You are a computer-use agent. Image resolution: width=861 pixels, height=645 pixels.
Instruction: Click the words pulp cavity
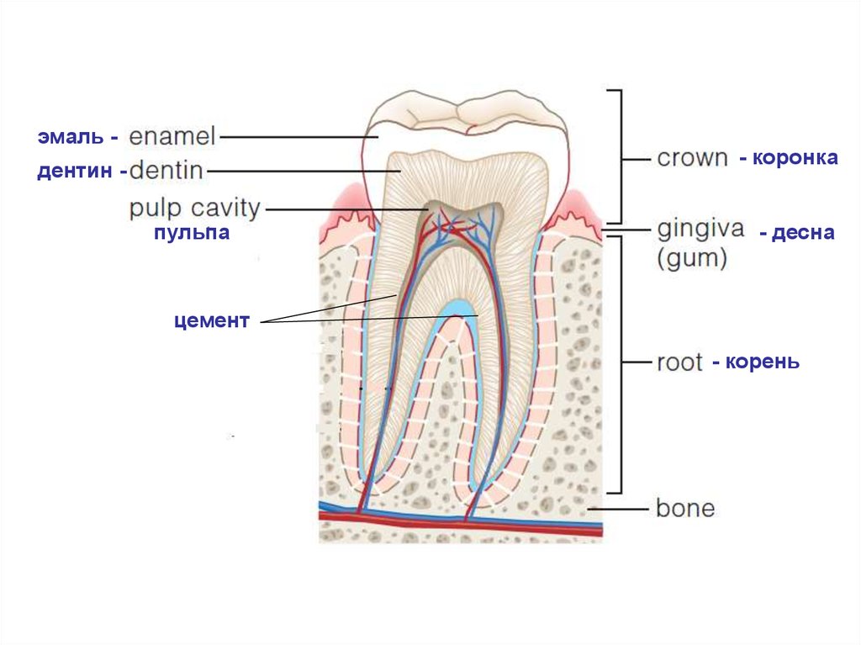(x=195, y=208)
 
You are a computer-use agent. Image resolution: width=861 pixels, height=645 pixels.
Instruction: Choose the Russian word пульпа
(x=191, y=233)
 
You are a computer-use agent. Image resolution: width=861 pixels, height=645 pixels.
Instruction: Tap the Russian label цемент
(x=212, y=320)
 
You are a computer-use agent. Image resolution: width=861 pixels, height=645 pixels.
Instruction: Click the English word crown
(x=692, y=158)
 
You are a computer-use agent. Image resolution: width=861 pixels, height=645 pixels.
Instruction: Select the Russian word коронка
(x=795, y=158)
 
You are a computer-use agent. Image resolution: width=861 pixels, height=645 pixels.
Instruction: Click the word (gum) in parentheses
(x=691, y=258)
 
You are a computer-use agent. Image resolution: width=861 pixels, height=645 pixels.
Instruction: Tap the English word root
(x=679, y=362)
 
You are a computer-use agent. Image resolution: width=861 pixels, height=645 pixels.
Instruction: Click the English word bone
(x=685, y=508)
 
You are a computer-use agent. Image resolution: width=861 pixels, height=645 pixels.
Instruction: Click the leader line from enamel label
(x=294, y=136)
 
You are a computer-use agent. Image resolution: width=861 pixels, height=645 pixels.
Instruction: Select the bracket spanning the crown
(x=621, y=156)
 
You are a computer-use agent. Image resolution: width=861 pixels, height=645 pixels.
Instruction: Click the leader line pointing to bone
(x=618, y=508)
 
